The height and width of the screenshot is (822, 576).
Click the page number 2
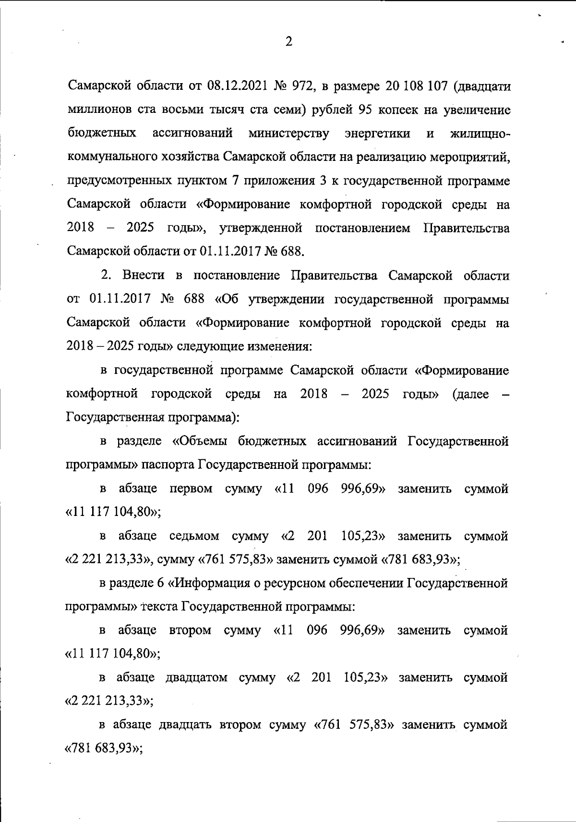coord(288,42)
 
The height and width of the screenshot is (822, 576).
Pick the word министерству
coord(289,133)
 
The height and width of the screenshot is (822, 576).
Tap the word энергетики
coord(377,133)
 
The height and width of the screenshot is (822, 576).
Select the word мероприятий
coord(471,157)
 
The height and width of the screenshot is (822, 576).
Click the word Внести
coord(144,276)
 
